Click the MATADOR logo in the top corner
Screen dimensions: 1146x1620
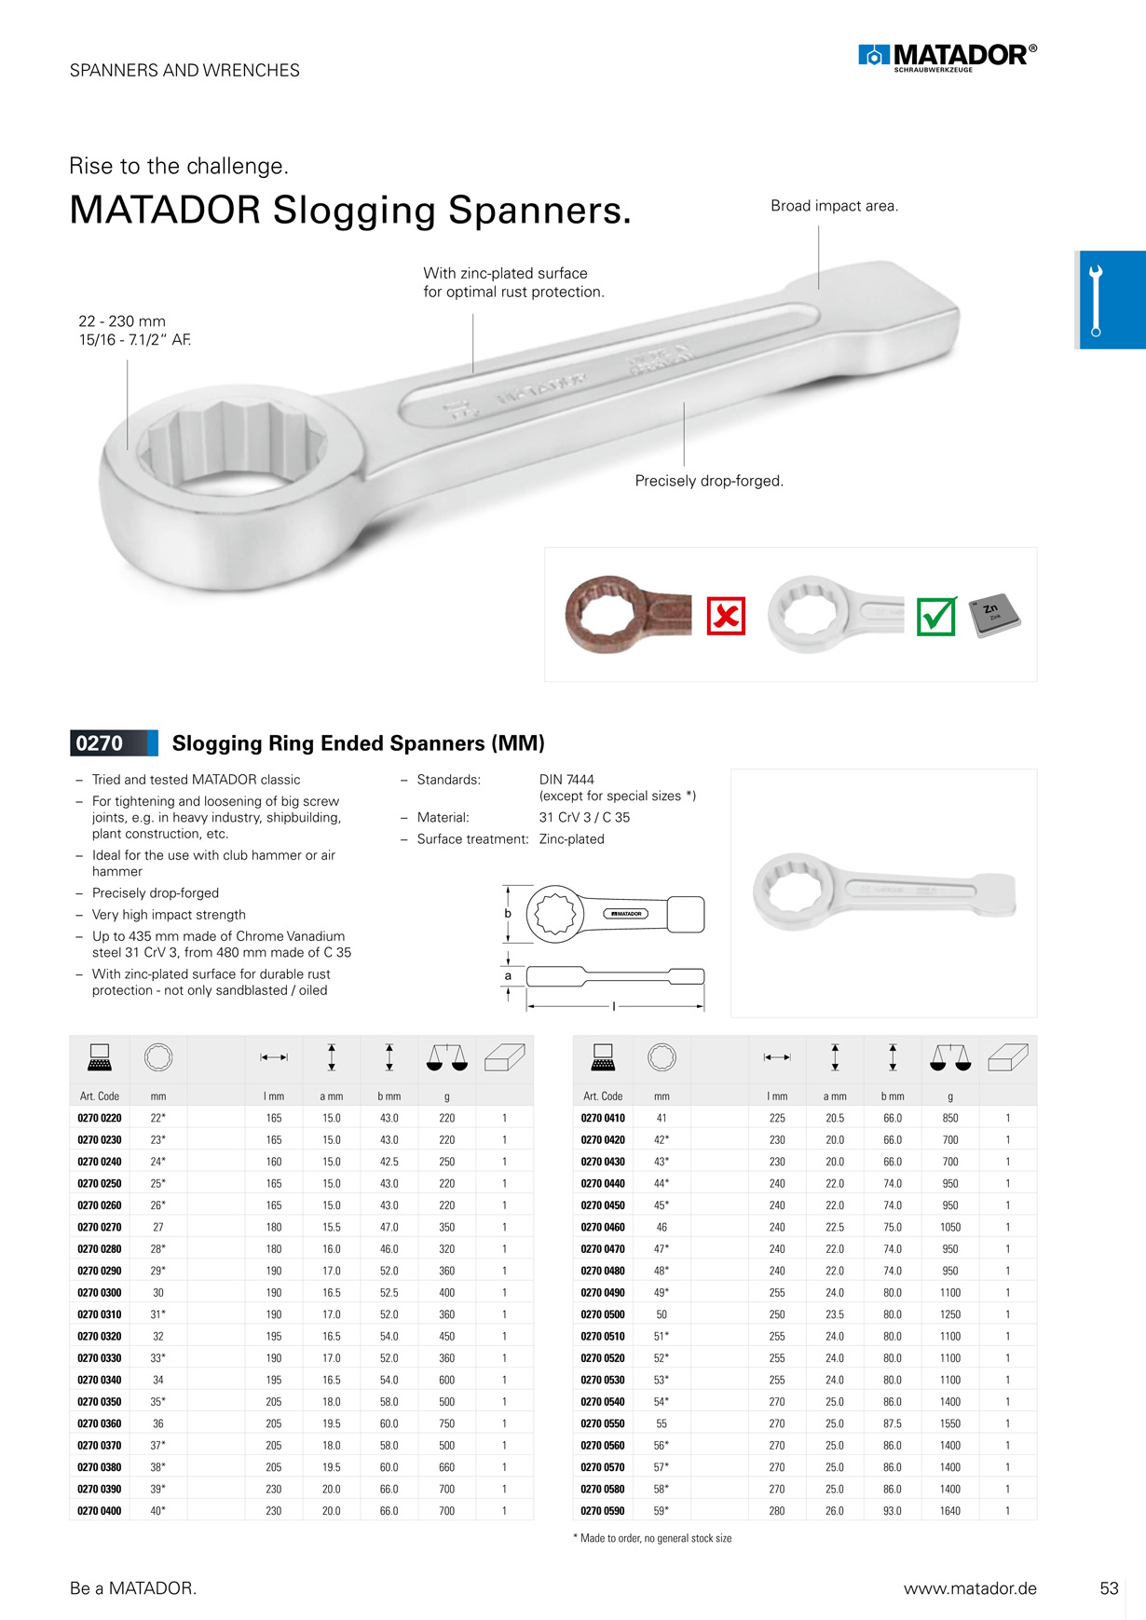pos(948,57)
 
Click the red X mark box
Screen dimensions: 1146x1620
pos(726,616)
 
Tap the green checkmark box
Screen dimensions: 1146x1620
pos(936,616)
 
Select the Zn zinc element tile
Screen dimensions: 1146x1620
pos(995,615)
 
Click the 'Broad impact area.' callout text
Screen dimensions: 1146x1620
pos(835,206)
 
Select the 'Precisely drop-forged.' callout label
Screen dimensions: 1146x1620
pos(709,481)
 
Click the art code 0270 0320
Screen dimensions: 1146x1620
pos(100,1336)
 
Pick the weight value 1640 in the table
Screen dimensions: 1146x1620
pos(950,1511)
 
